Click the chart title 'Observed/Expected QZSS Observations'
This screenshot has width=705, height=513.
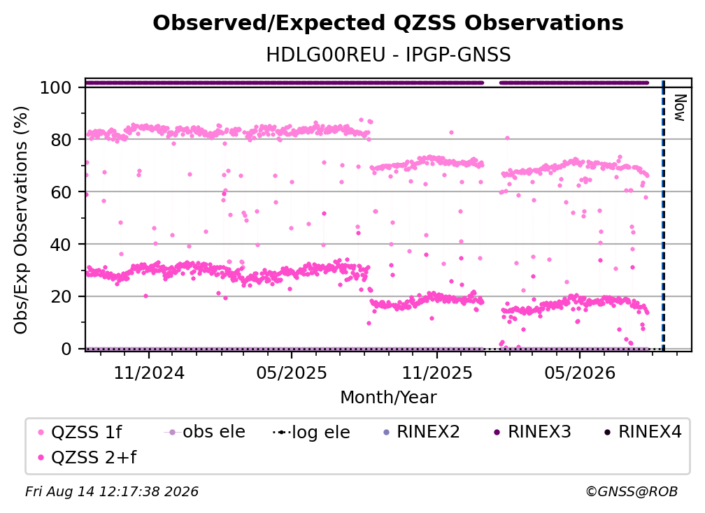pyautogui.click(x=388, y=23)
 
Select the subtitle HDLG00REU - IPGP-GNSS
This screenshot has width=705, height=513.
pyautogui.click(x=388, y=55)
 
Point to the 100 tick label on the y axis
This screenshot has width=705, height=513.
pyautogui.click(x=56, y=87)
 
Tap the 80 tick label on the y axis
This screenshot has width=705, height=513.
pyautogui.click(x=61, y=140)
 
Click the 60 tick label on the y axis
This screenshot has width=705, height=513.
pyautogui.click(x=61, y=192)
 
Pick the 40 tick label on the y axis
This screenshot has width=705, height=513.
pyautogui.click(x=61, y=245)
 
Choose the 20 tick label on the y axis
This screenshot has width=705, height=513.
pyautogui.click(x=61, y=297)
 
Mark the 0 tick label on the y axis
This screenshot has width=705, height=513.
pyautogui.click(x=66, y=349)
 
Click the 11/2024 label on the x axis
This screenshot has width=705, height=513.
pyautogui.click(x=149, y=373)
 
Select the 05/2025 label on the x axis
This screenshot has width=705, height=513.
pyautogui.click(x=292, y=373)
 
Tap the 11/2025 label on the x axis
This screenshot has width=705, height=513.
pyautogui.click(x=437, y=373)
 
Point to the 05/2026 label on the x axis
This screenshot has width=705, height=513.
pyautogui.click(x=580, y=373)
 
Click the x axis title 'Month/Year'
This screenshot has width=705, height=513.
pyautogui.click(x=388, y=397)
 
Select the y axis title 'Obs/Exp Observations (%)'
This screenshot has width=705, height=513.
pyautogui.click(x=21, y=220)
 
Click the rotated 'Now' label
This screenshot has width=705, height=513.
pyautogui.click(x=680, y=108)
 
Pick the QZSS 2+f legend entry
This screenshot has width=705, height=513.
pyautogui.click(x=87, y=457)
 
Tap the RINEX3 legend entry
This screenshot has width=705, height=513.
pyautogui.click(x=532, y=432)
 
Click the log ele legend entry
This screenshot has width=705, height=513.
pyautogui.click(x=312, y=432)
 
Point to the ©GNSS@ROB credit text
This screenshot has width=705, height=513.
pyautogui.click(x=632, y=491)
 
